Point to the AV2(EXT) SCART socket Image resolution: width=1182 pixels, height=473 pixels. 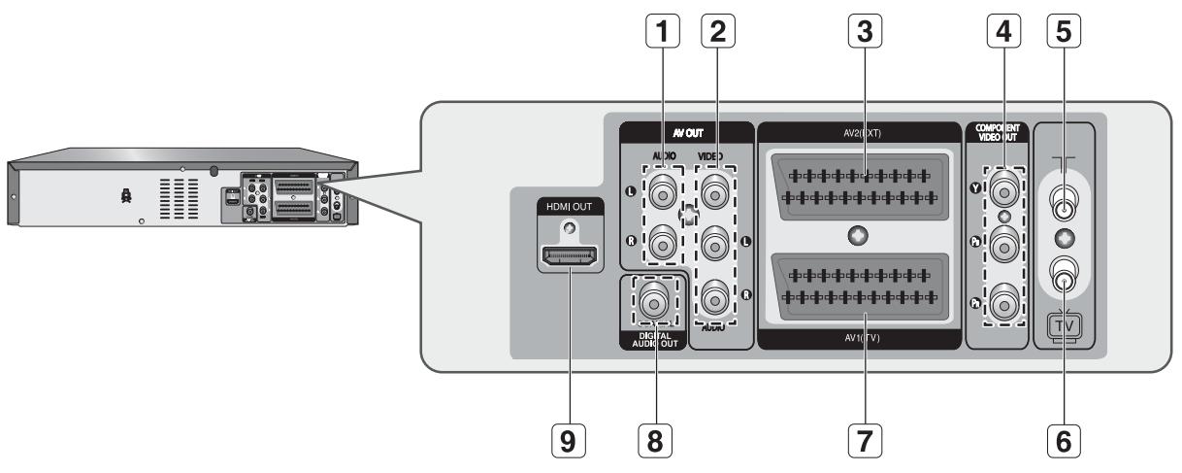(856, 186)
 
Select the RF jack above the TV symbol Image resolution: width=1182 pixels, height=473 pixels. (1065, 283)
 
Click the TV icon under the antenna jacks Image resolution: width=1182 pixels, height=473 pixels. (1065, 327)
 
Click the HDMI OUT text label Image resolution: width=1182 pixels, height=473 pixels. (569, 206)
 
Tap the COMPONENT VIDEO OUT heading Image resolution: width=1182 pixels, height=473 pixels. (1000, 134)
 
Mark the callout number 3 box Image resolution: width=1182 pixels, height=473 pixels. (856, 33)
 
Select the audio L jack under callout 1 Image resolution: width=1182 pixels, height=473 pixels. (662, 192)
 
